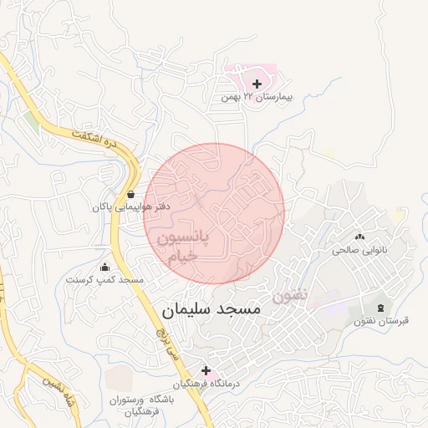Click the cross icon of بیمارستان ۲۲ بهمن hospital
(x=257, y=84)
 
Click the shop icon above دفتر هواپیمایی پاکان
(x=131, y=194)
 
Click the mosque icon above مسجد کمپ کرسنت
(x=104, y=267)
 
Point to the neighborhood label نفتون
(x=289, y=295)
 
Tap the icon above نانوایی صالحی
(x=360, y=237)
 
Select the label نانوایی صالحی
(x=360, y=249)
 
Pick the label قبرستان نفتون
(x=381, y=322)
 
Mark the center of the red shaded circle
(x=214, y=213)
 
